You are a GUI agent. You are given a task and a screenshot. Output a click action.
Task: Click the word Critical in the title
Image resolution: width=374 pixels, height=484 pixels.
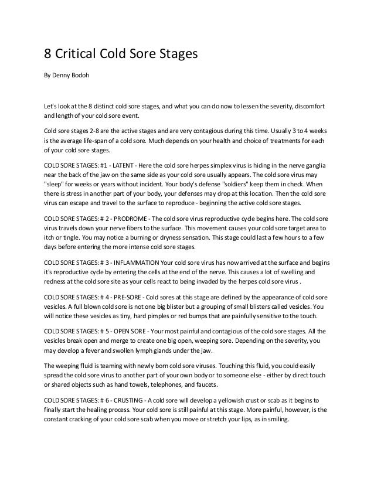[x=77, y=55]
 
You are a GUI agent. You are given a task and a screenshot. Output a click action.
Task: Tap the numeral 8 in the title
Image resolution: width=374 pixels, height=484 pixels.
[x=49, y=55]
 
